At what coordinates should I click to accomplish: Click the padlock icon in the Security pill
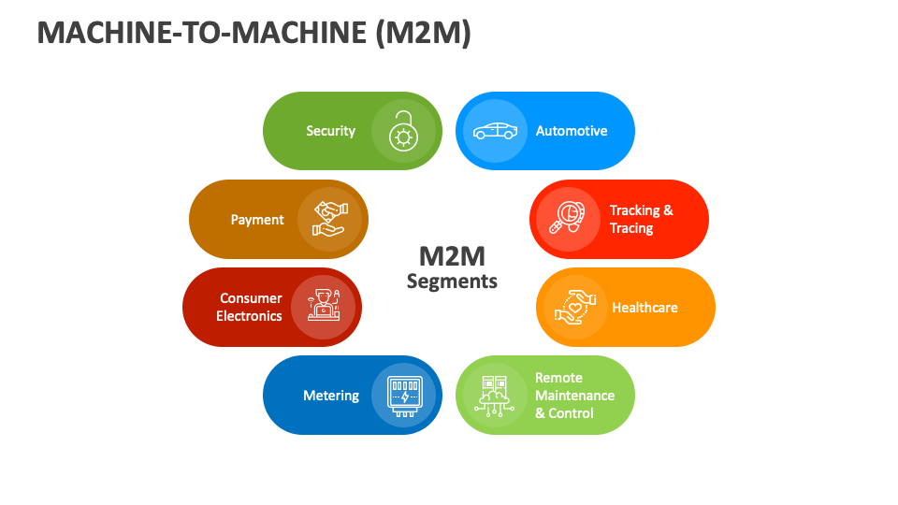pyautogui.click(x=403, y=131)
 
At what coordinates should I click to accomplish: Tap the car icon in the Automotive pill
pyautogui.click(x=494, y=131)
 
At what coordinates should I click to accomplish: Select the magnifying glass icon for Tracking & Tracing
pyautogui.click(x=568, y=219)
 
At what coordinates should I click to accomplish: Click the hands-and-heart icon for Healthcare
pyautogui.click(x=574, y=307)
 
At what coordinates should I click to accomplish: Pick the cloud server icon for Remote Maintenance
pyautogui.click(x=494, y=395)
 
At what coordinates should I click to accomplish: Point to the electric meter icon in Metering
pyautogui.click(x=403, y=395)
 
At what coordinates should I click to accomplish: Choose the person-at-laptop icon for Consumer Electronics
pyautogui.click(x=323, y=307)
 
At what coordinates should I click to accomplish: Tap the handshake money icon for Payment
pyautogui.click(x=329, y=219)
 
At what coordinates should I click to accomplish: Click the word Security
pyautogui.click(x=330, y=131)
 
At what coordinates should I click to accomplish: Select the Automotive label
pyautogui.click(x=572, y=131)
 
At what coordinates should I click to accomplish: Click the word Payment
pyautogui.click(x=257, y=220)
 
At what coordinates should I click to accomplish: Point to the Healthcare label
pyautogui.click(x=645, y=308)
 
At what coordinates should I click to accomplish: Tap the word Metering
pyautogui.click(x=331, y=396)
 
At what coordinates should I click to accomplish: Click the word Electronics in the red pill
pyautogui.click(x=249, y=316)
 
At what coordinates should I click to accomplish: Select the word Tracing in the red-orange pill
pyautogui.click(x=631, y=228)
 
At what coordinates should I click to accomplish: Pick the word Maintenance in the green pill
pyautogui.click(x=574, y=396)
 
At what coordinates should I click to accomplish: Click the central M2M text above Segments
pyautogui.click(x=452, y=256)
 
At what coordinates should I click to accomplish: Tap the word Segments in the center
pyautogui.click(x=452, y=281)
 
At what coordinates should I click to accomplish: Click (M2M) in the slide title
pyautogui.click(x=422, y=33)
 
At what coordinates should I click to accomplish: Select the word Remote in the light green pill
pyautogui.click(x=558, y=378)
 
